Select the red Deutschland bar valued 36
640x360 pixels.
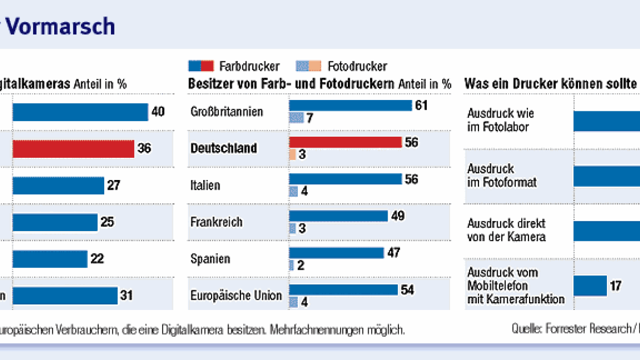click(x=73, y=149)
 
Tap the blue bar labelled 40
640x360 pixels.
click(x=80, y=112)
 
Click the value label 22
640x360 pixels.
click(x=97, y=259)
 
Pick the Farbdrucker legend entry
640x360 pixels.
click(x=235, y=66)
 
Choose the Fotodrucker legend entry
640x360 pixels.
click(x=342, y=66)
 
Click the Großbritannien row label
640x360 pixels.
click(x=227, y=112)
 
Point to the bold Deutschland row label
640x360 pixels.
click(x=223, y=149)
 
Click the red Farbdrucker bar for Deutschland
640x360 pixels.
click(x=345, y=142)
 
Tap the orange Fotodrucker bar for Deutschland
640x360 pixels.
click(x=293, y=154)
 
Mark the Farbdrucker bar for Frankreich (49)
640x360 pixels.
click(x=338, y=216)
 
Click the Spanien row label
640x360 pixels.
click(x=210, y=259)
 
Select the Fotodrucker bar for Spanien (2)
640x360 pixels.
click(x=292, y=265)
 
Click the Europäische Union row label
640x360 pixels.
click(x=236, y=296)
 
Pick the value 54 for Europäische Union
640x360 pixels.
click(x=408, y=290)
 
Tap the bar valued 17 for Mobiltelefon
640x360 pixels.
click(x=590, y=286)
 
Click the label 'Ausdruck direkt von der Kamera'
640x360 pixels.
click(x=506, y=231)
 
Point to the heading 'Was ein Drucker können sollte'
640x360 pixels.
click(x=550, y=84)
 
